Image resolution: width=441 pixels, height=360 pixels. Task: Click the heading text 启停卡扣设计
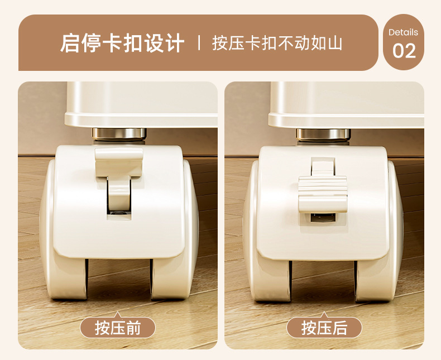pos(122,43)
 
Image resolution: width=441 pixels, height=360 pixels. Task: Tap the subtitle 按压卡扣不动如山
pos(277,44)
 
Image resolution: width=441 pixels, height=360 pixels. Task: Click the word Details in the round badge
pos(403,32)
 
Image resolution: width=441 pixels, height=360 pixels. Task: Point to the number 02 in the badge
pos(404,51)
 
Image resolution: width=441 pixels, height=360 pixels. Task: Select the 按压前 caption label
pos(118,328)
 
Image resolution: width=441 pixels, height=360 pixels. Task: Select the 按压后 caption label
pos(324,328)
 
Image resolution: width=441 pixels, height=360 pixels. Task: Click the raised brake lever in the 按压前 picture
pos(119,174)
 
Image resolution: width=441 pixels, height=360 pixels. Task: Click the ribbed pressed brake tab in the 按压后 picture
pos(323,194)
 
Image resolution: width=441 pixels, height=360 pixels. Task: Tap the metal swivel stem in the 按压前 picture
pos(119,135)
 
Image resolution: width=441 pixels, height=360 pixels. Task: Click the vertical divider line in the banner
pos(199,43)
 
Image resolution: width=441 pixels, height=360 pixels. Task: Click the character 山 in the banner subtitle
pos(335,44)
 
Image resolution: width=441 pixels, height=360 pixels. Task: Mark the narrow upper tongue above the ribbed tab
pos(323,166)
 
